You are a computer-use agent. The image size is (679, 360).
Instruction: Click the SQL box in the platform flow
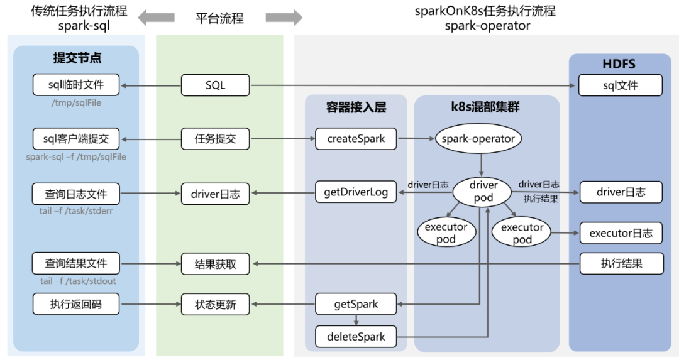[215, 85]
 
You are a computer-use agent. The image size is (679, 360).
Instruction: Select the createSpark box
[356, 139]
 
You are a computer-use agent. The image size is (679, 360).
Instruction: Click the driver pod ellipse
[483, 191]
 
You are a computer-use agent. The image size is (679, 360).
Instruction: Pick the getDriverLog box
[356, 192]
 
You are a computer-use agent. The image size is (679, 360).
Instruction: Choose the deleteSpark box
[356, 336]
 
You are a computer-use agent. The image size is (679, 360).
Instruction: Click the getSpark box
[356, 304]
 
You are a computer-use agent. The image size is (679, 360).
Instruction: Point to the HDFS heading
[619, 64]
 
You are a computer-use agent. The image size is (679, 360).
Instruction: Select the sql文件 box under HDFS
[620, 85]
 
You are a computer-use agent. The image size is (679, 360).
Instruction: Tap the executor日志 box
[620, 233]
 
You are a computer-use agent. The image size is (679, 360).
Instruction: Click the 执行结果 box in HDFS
[621, 264]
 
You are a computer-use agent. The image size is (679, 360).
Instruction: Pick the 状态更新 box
[215, 305]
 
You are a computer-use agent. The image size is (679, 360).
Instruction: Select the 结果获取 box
[215, 264]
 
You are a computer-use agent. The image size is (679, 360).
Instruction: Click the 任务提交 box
[215, 139]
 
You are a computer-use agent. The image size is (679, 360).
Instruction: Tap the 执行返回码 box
[76, 305]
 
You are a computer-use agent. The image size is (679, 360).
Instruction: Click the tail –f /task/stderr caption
[76, 211]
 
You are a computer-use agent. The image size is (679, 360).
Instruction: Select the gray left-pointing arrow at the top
[157, 18]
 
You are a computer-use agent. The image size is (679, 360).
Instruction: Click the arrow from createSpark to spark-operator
[416, 139]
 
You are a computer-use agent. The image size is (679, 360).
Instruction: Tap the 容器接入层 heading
[356, 107]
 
